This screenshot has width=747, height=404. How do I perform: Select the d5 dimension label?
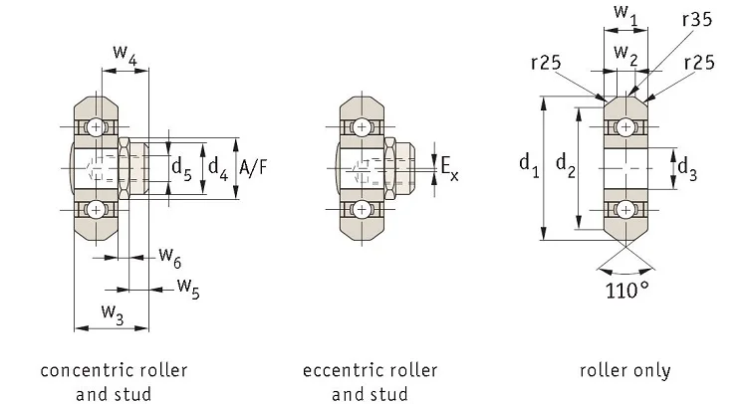coord(182,167)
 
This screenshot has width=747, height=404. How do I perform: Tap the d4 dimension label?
coord(216,167)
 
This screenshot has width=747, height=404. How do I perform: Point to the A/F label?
coord(253,167)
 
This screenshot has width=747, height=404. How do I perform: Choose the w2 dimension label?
coord(624,52)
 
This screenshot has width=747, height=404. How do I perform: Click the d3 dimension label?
coord(686,169)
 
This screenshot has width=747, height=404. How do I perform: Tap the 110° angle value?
coord(626,292)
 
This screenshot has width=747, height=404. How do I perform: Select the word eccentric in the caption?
coord(342,370)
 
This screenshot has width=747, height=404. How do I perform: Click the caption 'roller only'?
coord(625,370)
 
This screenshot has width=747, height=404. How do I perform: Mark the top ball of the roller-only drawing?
coord(625,126)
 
